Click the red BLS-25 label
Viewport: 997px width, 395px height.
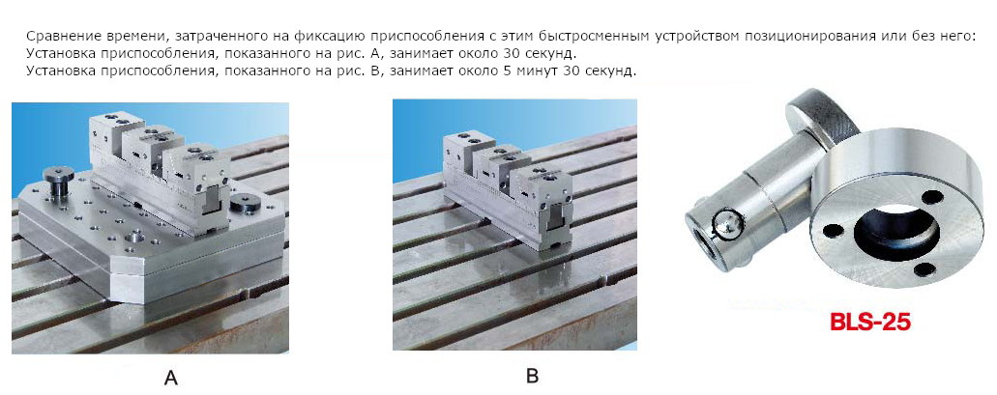(869, 321)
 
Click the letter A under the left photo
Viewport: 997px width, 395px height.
(170, 379)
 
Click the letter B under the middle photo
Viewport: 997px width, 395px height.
(532, 376)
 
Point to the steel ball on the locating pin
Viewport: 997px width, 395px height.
(725, 224)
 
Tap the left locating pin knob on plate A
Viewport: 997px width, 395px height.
(58, 177)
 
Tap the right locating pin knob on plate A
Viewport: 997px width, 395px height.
(247, 204)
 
